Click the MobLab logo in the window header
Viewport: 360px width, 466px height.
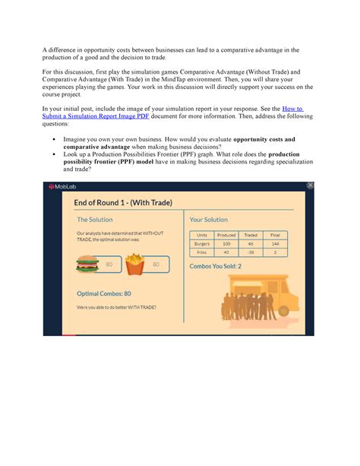pos(63,187)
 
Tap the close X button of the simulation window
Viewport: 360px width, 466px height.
pos(309,185)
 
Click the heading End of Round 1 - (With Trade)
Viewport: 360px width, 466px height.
pos(123,202)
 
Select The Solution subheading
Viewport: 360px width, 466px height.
pos(95,220)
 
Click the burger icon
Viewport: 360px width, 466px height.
pos(87,264)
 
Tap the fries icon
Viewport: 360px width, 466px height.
pos(134,264)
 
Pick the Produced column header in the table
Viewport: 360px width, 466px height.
pos(226,235)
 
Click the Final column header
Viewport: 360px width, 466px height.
pos(275,235)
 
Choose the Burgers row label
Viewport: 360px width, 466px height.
pos(202,243)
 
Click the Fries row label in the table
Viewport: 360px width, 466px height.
pos(202,252)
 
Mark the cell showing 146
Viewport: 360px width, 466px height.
pos(275,243)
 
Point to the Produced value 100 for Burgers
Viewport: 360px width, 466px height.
pos(226,243)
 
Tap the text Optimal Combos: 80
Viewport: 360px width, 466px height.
pos(104,293)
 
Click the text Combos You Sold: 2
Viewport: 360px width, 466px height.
pos(215,266)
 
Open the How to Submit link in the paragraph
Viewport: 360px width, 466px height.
pos(292,109)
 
